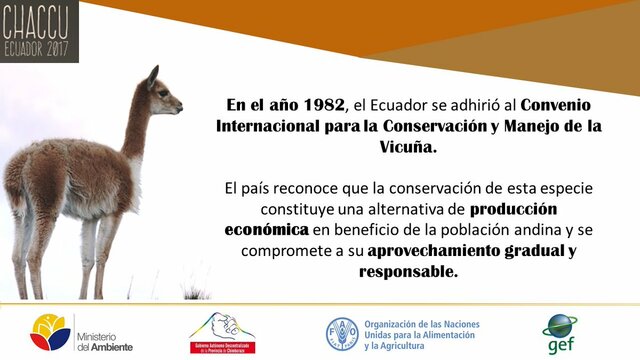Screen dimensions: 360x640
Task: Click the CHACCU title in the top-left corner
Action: pos(38,19)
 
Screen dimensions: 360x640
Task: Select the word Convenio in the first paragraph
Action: pos(555,104)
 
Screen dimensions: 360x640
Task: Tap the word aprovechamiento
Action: pos(466,250)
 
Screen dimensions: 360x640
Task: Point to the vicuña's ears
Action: pos(153,73)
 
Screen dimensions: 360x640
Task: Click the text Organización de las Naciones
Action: pos(421,324)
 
